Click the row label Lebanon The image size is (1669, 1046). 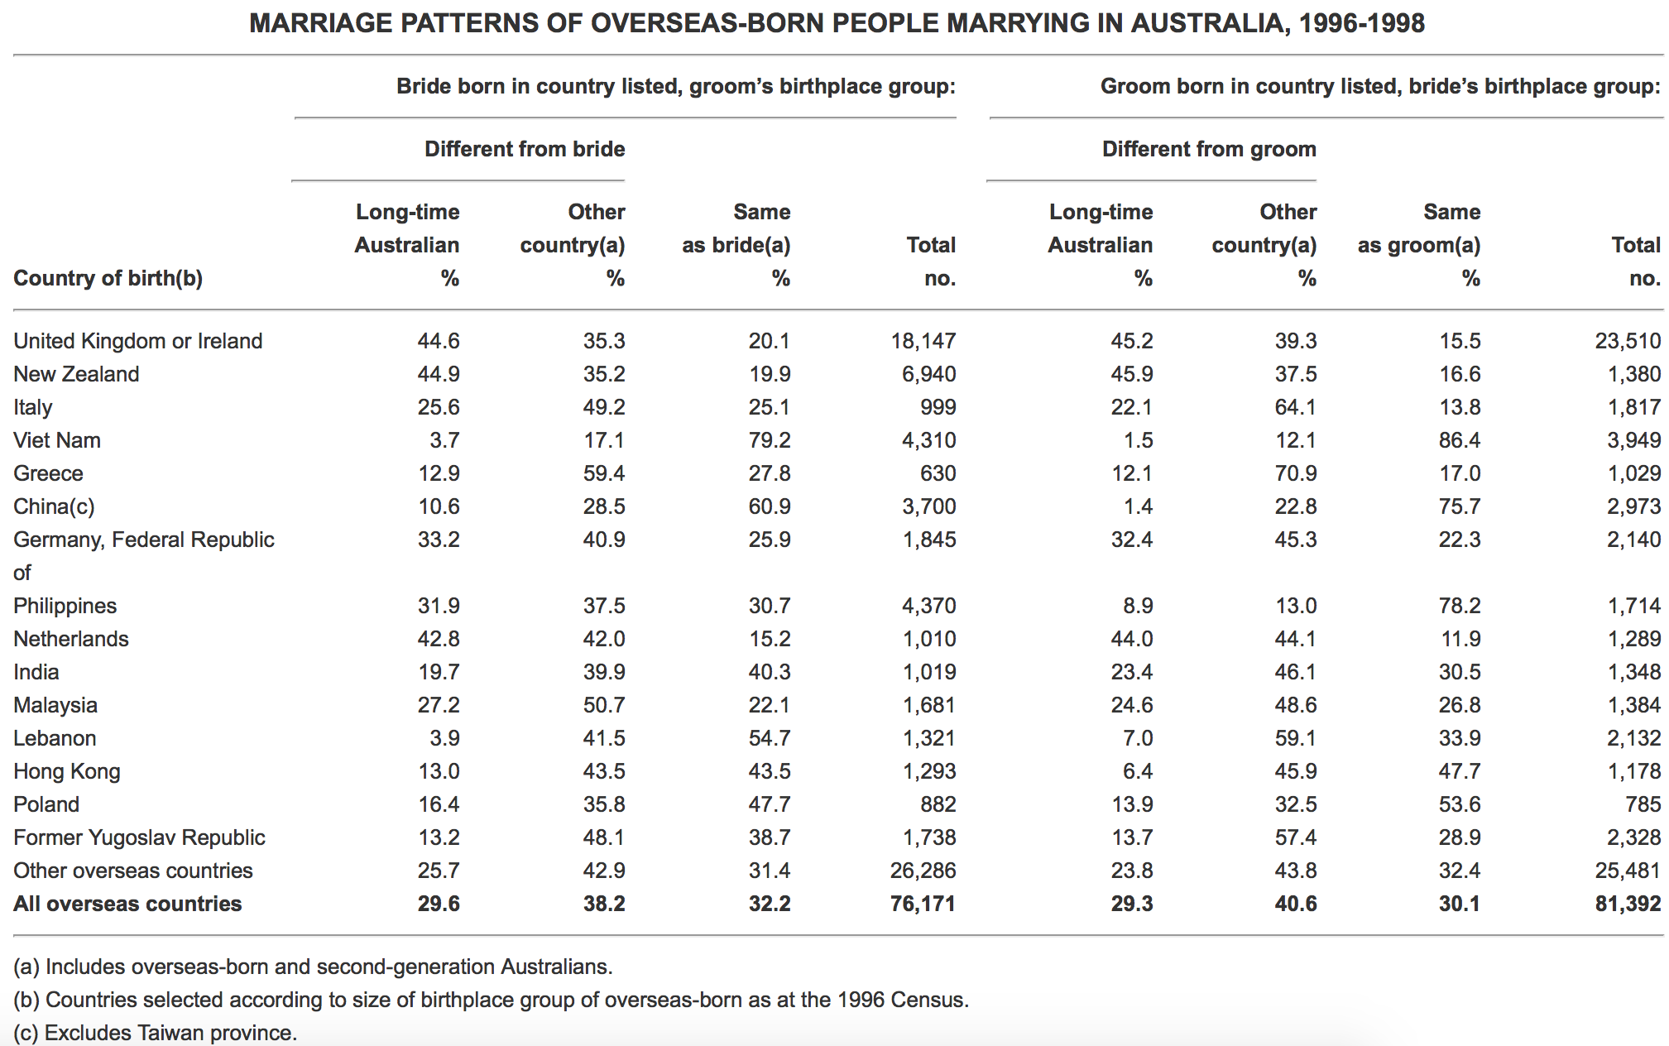[x=55, y=738]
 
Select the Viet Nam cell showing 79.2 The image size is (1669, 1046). [x=770, y=440]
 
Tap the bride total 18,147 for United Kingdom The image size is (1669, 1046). [x=923, y=341]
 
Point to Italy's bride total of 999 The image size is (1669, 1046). [x=938, y=407]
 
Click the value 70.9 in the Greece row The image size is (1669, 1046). [x=1296, y=473]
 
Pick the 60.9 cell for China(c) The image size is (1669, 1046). [x=770, y=506]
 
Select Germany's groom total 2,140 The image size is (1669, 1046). [x=1634, y=540]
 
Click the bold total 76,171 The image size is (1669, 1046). [x=923, y=904]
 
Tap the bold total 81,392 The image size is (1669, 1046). [x=1628, y=904]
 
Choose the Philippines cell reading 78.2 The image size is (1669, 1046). [x=1460, y=606]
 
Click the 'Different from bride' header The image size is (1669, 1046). [x=525, y=149]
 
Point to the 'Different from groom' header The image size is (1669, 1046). [x=1209, y=149]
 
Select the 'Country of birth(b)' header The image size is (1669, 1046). [x=108, y=278]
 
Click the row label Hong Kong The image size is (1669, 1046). [x=67, y=771]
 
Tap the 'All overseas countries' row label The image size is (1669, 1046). [x=127, y=904]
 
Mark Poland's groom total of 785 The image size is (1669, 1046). [x=1643, y=804]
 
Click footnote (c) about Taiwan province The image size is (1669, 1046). [x=155, y=1033]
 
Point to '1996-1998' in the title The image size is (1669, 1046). [x=1361, y=23]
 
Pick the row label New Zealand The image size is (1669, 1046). [x=76, y=374]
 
